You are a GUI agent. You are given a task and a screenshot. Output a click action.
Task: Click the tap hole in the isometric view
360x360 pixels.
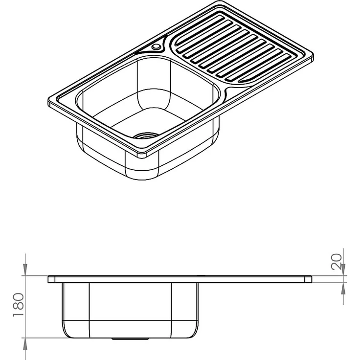[157, 46]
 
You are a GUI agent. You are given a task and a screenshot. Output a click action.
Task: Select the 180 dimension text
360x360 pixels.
[18, 305]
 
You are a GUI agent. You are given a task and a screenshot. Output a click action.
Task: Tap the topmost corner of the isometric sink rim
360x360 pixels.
[220, 2]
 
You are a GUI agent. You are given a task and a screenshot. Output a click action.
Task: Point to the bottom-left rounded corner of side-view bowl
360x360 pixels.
[67, 331]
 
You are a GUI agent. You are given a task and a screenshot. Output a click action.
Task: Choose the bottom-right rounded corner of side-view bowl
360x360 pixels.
[195, 331]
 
